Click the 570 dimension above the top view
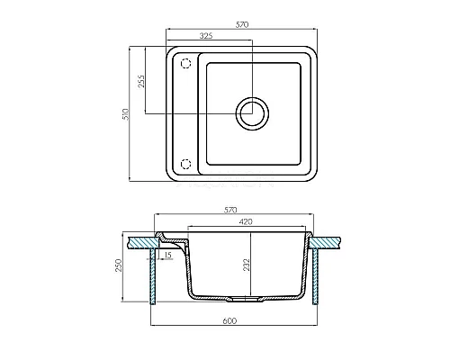(x=242, y=24)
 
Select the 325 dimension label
(x=206, y=36)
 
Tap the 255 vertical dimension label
(x=141, y=81)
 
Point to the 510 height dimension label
(x=126, y=114)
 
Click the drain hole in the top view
(x=252, y=113)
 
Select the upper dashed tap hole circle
(x=186, y=63)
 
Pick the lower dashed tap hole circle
(x=186, y=164)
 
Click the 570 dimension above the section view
(x=230, y=210)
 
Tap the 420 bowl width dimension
(x=246, y=221)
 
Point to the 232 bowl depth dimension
(x=247, y=265)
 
